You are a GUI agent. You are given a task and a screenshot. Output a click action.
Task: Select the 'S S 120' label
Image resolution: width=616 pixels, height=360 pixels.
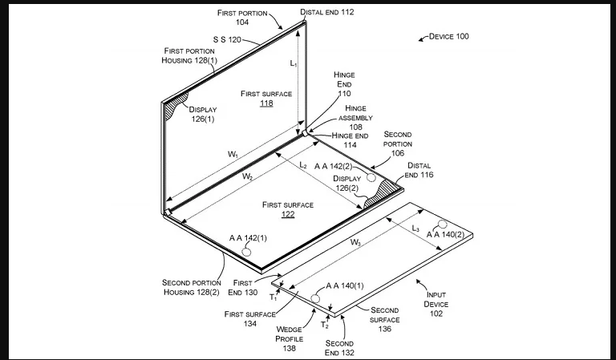click(227, 38)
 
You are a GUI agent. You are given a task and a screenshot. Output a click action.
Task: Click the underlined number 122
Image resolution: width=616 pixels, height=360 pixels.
click(288, 215)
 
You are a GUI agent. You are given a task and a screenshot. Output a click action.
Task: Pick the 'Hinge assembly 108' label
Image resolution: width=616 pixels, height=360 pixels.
click(355, 117)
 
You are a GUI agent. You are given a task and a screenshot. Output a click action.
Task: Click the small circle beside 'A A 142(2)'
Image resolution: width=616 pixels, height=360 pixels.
click(372, 176)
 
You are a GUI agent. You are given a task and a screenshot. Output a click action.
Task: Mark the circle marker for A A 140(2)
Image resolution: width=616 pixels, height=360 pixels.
click(443, 223)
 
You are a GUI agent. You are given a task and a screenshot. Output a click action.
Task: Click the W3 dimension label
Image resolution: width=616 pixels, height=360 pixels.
click(355, 242)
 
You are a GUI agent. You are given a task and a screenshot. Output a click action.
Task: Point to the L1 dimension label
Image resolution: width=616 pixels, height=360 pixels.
click(294, 63)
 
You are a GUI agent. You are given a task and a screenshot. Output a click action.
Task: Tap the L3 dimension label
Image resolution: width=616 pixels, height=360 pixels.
click(415, 229)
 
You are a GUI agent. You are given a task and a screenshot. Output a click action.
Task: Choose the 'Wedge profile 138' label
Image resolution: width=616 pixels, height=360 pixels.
click(288, 339)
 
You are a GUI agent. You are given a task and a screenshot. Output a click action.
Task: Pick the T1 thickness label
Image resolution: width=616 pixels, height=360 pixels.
click(273, 297)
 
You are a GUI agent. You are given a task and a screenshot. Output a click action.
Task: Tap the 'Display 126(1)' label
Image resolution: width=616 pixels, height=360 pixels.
click(203, 114)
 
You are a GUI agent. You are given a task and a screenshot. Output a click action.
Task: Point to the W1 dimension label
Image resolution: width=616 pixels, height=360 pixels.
click(232, 154)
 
